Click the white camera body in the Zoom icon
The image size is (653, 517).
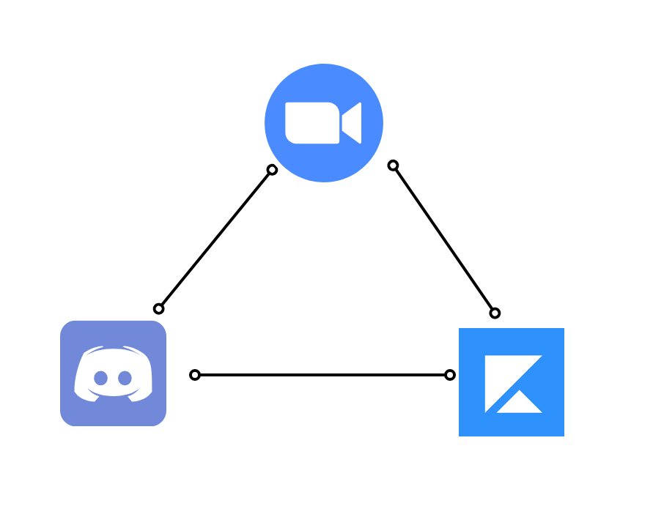pos(312,123)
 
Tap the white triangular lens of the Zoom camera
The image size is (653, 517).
pos(353,123)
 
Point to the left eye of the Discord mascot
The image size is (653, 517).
pos(101,378)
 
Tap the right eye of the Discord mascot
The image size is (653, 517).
pos(125,378)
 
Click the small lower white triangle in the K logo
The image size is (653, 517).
pos(520,404)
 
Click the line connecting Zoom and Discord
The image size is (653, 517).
pos(215,239)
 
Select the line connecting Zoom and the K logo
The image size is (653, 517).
pos(444,239)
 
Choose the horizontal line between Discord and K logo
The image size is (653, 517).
pos(322,375)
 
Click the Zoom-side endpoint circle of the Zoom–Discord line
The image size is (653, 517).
pos(272,170)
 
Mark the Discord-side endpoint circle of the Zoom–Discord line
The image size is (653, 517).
pos(158,308)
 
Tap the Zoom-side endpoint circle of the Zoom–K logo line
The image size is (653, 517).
pos(393,165)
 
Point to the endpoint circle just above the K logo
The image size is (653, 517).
pos(495,313)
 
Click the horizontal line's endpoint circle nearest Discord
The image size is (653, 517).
pos(195,375)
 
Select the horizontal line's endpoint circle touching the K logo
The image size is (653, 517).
pos(450,375)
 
